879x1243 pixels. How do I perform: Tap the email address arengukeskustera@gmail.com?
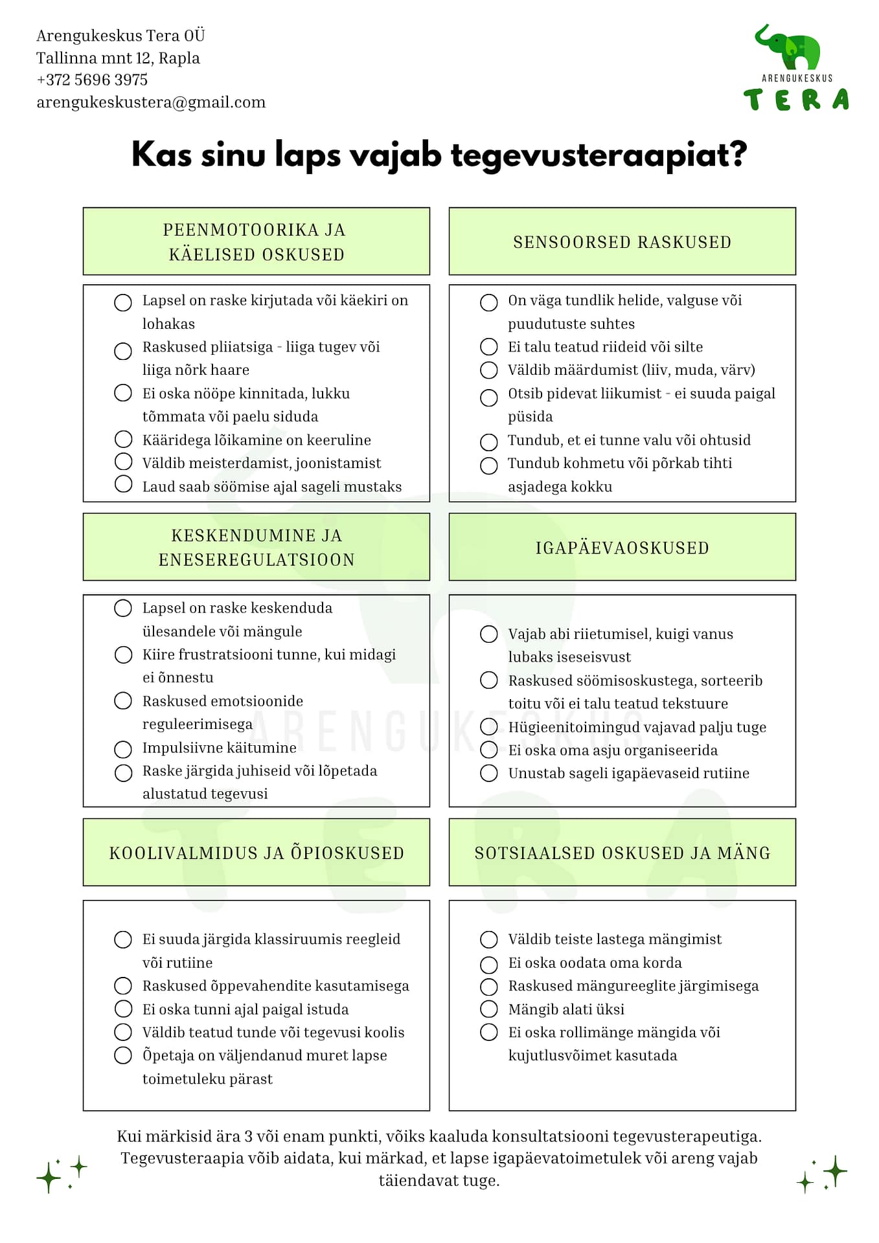tap(151, 102)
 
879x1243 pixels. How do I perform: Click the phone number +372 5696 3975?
tap(92, 80)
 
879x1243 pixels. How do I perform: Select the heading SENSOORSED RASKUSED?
tap(622, 242)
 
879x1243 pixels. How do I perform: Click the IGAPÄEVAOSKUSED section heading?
tap(622, 548)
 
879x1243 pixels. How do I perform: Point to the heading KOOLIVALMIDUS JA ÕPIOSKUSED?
tap(257, 853)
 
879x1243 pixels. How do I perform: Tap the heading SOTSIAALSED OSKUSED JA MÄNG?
tap(622, 853)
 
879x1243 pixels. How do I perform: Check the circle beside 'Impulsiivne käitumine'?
tap(123, 749)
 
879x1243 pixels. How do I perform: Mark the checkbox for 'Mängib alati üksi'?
tap(489, 1009)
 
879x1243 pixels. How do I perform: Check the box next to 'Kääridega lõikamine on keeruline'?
tap(123, 440)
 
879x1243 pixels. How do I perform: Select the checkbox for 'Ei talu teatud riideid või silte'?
tap(489, 347)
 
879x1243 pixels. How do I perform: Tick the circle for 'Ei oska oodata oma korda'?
tap(489, 964)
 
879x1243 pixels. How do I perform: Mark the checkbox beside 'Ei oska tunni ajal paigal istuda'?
tap(123, 1009)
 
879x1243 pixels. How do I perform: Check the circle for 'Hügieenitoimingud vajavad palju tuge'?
tap(489, 727)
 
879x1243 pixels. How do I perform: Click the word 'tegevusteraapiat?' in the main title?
tap(599, 155)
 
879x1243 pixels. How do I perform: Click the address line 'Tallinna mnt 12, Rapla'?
tap(118, 58)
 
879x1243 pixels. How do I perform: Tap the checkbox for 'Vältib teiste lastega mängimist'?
tap(489, 939)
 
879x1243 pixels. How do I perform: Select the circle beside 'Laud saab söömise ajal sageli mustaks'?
tap(123, 484)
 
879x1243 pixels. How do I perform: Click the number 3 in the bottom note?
tap(248, 1136)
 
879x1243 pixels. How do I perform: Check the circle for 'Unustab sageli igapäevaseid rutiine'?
tap(489, 773)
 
